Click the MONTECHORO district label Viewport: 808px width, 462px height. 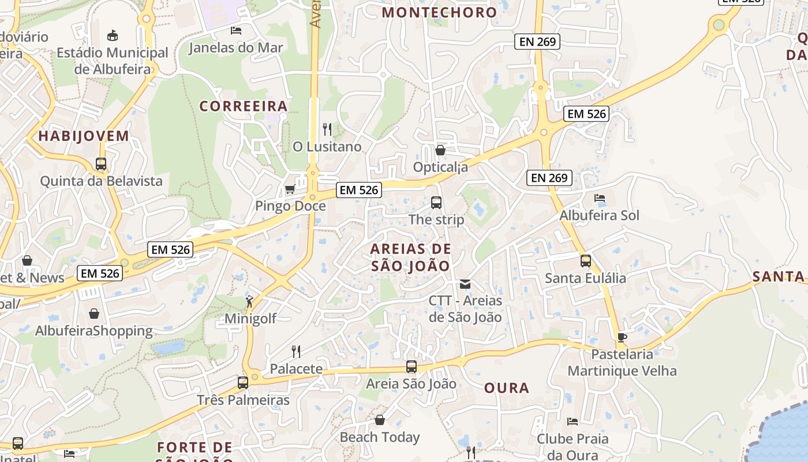coord(439,12)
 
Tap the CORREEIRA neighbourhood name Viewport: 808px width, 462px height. coord(244,106)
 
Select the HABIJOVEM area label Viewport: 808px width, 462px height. coord(84,136)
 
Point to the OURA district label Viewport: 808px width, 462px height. coord(507,388)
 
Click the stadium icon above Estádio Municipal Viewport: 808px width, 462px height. coord(113,36)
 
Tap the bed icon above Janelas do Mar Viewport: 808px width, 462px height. coord(235,31)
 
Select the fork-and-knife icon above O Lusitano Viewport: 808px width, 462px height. coord(327,129)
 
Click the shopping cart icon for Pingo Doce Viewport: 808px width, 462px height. coord(290,189)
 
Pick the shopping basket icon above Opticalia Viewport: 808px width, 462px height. coord(440,150)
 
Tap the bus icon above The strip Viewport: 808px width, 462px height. coord(436,203)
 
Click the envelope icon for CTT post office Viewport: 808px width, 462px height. coord(465,284)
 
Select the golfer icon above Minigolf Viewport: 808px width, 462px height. coord(250,301)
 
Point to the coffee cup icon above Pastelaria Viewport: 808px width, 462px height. coord(622,337)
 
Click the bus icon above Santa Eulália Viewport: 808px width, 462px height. coord(586,261)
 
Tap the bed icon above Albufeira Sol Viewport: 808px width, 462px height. coord(600,198)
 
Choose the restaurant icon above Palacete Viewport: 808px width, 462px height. coord(296,351)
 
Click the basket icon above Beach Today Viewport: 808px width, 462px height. coord(380,420)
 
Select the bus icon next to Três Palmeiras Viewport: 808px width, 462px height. coord(243,382)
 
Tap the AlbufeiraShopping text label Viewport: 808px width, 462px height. coord(94,331)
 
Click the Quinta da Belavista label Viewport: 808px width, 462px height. coord(101,181)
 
